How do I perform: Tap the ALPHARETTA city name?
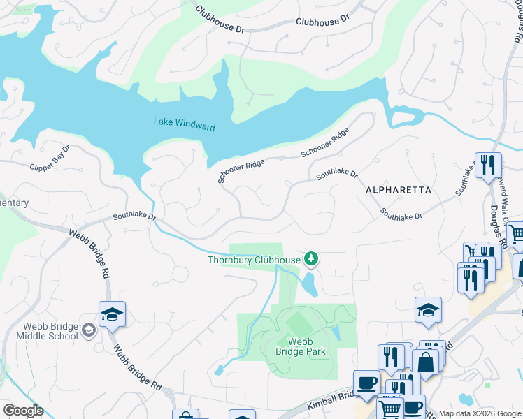[x=398, y=190]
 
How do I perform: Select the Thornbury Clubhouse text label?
[x=254, y=260]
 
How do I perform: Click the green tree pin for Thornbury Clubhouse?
[x=311, y=260]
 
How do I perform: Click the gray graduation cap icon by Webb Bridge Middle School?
[x=89, y=330]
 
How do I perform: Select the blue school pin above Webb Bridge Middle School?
[x=111, y=315]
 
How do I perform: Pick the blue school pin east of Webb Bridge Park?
[x=428, y=311]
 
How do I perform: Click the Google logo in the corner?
[x=23, y=411]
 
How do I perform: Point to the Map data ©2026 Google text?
[x=480, y=413]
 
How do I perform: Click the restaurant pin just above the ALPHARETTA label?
[x=488, y=166]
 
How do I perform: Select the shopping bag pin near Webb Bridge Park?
[x=425, y=362]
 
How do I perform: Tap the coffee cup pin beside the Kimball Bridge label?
[x=366, y=383]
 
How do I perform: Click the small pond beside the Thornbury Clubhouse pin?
[x=308, y=284]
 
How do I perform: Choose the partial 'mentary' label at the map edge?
[x=14, y=203]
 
